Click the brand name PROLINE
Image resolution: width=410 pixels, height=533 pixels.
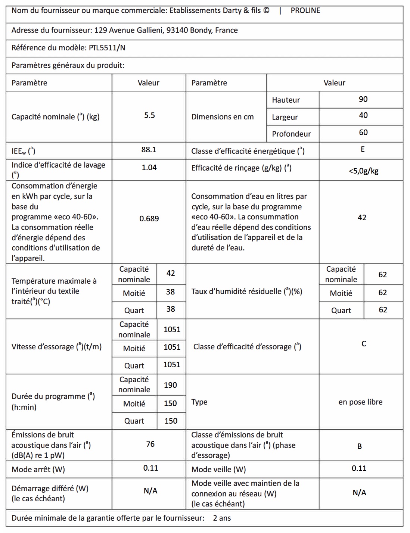305,10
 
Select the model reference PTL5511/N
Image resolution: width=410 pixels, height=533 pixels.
107,48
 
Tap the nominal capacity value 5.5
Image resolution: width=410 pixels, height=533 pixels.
149,115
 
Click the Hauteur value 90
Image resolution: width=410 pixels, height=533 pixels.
363,99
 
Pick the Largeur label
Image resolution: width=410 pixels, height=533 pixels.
285,117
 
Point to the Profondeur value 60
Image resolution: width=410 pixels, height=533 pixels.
363,133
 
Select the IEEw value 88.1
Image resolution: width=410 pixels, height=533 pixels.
149,150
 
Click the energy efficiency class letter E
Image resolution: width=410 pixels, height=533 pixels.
363,150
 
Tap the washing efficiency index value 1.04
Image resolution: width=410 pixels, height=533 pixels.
149,168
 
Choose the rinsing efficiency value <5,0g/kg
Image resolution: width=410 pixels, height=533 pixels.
363,171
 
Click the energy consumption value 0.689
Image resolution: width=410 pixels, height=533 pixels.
149,219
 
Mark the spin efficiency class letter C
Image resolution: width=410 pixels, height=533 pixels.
364,344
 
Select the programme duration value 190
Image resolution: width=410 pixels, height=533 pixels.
170,385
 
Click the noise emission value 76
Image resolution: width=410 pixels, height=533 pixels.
150,444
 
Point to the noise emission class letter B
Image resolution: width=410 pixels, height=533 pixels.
360,446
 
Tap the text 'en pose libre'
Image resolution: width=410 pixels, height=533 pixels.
360,402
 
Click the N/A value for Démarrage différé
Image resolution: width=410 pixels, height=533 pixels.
150,491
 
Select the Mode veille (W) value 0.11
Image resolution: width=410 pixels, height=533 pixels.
359,468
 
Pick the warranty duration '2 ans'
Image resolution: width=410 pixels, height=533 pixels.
222,518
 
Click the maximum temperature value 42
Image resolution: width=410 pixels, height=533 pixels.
171,273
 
